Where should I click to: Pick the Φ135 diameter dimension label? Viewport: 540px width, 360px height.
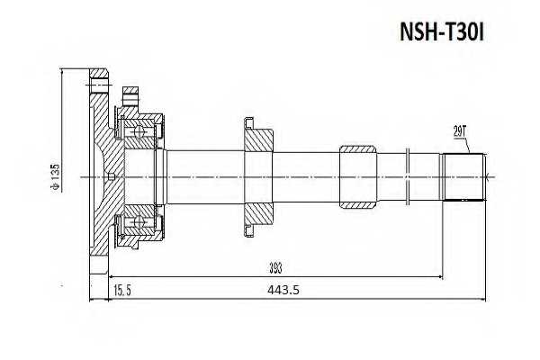pyautogui.click(x=56, y=176)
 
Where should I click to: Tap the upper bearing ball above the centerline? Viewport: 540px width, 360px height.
pyautogui.click(x=140, y=134)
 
